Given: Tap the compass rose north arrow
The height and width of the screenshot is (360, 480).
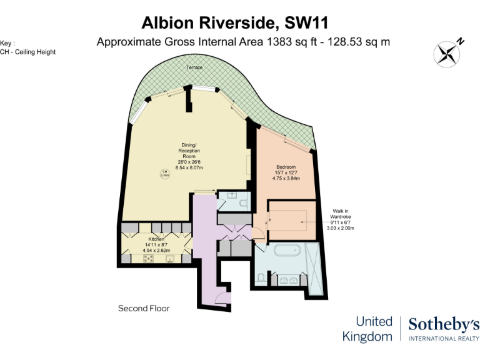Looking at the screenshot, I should [448, 52].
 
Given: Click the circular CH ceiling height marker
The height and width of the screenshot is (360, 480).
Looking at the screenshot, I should [165, 174].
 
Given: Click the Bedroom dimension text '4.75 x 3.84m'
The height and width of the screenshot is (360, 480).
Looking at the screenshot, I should [286, 178].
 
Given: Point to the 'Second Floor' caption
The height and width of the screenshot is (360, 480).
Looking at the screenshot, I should [144, 308].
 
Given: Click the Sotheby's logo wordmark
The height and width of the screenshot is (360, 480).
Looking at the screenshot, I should [444, 324].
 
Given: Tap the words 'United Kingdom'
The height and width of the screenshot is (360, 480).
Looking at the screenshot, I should [367, 329].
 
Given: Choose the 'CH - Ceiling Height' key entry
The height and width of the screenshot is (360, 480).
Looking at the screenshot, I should [27, 52].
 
